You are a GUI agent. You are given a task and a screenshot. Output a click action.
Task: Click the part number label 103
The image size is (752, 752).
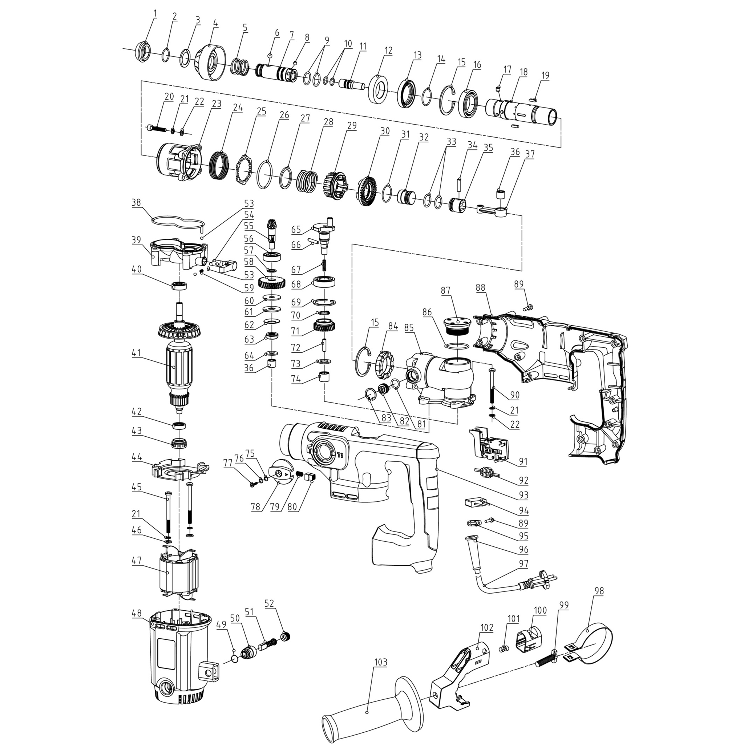(x=381, y=663)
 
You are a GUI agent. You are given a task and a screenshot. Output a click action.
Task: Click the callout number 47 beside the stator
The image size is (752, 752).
(x=136, y=560)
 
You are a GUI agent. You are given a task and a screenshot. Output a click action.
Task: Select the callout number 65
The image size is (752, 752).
(x=296, y=230)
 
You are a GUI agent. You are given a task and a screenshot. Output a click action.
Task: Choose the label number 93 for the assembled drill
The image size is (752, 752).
(x=523, y=495)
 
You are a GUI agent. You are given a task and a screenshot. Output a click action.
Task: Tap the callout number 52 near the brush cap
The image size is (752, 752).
(x=269, y=603)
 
